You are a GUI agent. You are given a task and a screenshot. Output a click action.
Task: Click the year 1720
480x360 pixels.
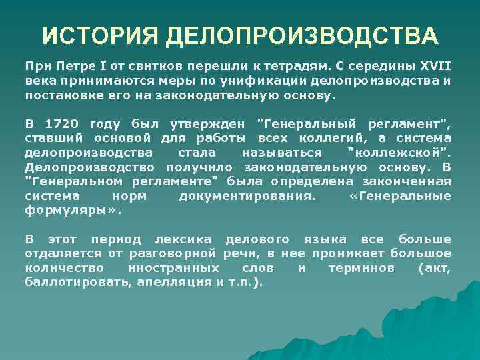pyautogui.click(x=65, y=124)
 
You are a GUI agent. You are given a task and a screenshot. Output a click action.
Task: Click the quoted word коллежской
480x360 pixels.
pyautogui.click(x=400, y=153)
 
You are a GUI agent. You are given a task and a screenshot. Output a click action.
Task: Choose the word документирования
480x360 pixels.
pyautogui.click(x=249, y=196)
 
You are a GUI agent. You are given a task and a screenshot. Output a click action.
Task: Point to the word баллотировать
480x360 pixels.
pyautogui.click(x=77, y=281)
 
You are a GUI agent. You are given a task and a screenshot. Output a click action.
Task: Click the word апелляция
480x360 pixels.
pyautogui.click(x=175, y=281)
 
